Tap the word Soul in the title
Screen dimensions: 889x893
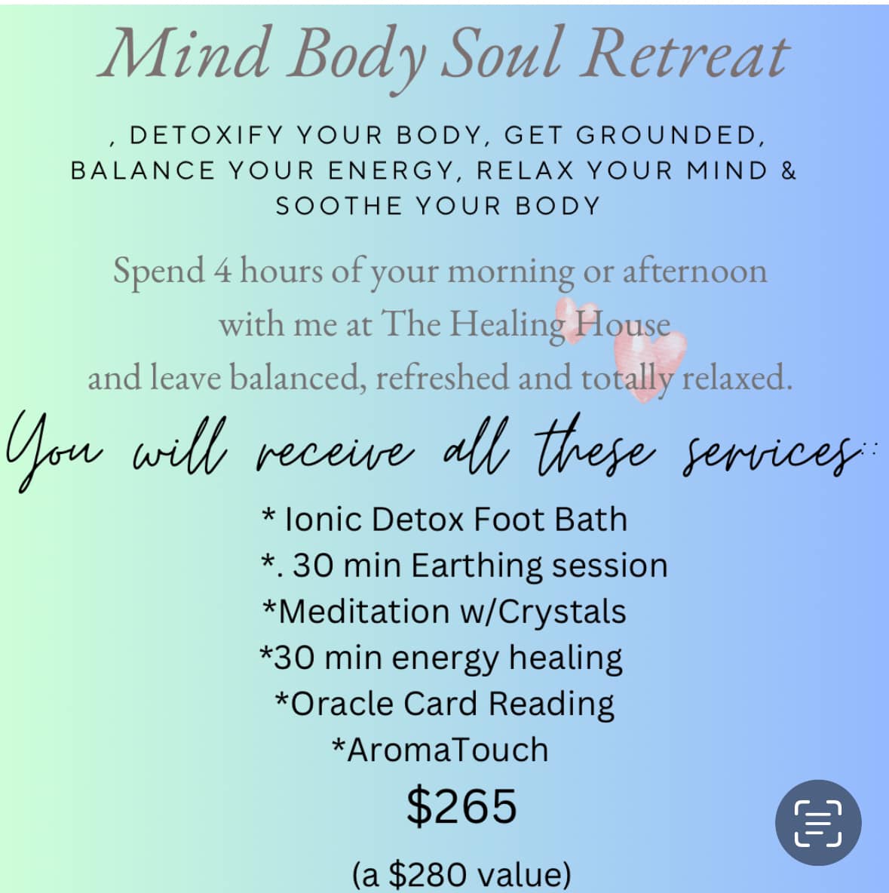pyautogui.click(x=501, y=54)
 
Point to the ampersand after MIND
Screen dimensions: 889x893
pyautogui.click(x=788, y=171)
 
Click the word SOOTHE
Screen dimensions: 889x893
pyautogui.click(x=339, y=206)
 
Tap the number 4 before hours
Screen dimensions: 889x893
pyautogui.click(x=222, y=271)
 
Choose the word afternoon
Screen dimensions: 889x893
pyautogui.click(x=694, y=271)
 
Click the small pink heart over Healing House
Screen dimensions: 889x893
pyautogui.click(x=577, y=320)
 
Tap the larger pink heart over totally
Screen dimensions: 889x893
pyautogui.click(x=649, y=364)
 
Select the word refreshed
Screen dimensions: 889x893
pyautogui.click(x=442, y=377)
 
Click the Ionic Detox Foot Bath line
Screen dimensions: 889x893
pyautogui.click(x=444, y=520)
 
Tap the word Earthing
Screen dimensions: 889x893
pyautogui.click(x=476, y=566)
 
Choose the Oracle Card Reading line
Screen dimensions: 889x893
pyautogui.click(x=444, y=704)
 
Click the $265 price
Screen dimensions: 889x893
pyautogui.click(x=461, y=806)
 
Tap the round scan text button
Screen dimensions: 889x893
pyautogui.click(x=818, y=823)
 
